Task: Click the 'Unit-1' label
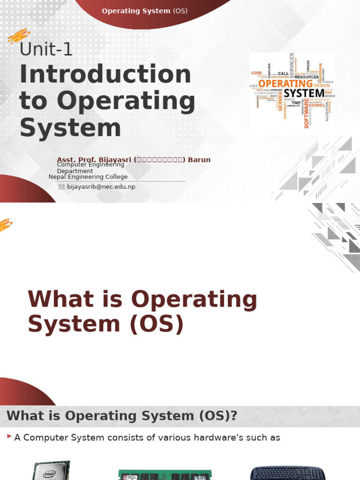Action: coord(46,49)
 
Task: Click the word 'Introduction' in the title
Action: coord(105,75)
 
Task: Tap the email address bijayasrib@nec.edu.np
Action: coord(101,187)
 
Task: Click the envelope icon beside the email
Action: coord(61,187)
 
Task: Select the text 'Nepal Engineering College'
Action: coord(88,177)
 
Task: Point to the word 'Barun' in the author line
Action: coord(199,160)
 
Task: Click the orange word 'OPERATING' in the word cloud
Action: coord(285,83)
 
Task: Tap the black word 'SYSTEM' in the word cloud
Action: coord(304,93)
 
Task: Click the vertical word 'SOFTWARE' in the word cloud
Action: coord(307,112)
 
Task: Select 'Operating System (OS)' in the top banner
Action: coord(144,11)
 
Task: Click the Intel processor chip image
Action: coord(52,470)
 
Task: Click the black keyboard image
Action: coord(287,472)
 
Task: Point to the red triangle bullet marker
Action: coord(9,436)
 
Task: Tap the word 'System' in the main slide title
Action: coord(70,128)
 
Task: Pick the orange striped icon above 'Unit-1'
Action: coord(19,36)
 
